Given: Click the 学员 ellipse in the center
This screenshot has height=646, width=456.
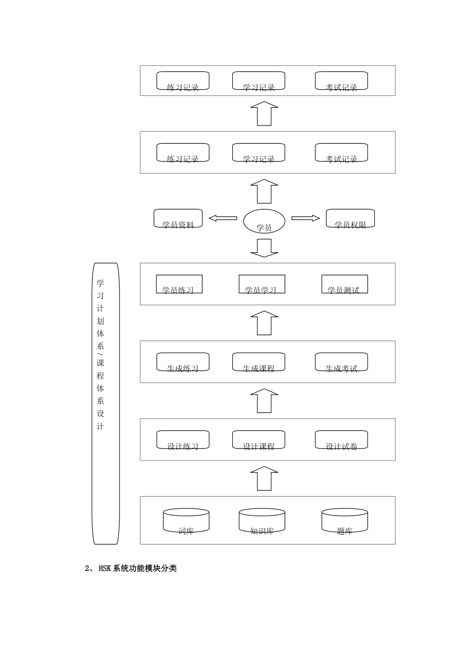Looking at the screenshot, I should click(x=264, y=222).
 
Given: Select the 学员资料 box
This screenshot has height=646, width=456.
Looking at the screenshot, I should click(x=178, y=219).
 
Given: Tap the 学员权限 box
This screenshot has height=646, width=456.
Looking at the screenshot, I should click(x=350, y=219).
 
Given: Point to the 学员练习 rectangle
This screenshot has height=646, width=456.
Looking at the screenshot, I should click(x=179, y=284).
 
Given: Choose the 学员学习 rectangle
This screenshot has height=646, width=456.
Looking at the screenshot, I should click(x=262, y=284).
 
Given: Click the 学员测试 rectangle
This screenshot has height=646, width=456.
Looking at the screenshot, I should click(x=344, y=284).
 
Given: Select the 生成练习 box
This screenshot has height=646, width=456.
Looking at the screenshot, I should click(x=183, y=362).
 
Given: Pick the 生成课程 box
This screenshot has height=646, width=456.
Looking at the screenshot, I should click(x=259, y=362).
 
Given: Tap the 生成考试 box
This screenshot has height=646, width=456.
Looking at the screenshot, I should click(x=341, y=362).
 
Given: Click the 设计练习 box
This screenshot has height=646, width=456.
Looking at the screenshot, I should click(x=183, y=440).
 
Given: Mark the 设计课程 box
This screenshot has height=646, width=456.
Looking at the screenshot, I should click(x=259, y=440).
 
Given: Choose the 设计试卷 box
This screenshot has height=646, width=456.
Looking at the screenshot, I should click(x=341, y=440).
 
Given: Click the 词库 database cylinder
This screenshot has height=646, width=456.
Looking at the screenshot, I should click(x=186, y=521).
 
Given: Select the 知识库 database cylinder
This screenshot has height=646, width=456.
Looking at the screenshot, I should click(x=262, y=521).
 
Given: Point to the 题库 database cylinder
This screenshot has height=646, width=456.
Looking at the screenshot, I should click(x=344, y=521).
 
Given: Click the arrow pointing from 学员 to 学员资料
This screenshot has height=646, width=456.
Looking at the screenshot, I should click(x=223, y=218).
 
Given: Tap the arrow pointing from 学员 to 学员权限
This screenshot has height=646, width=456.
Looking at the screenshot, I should click(x=306, y=218).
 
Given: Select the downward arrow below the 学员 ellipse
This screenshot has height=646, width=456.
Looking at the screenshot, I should click(x=264, y=248).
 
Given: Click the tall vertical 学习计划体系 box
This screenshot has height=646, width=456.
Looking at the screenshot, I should click(x=106, y=403).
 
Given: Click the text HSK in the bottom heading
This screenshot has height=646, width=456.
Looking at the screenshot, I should click(x=105, y=569).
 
